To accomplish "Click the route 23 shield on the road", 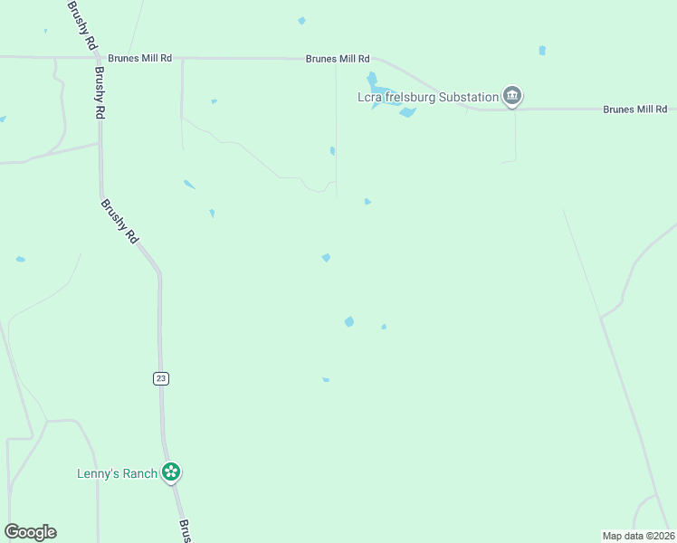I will tap(161, 379).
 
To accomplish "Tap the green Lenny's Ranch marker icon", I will tap(171, 472).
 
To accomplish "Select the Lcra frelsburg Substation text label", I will tap(428, 97).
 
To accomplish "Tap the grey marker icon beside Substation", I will tap(512, 96).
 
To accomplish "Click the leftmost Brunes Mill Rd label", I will tap(139, 58).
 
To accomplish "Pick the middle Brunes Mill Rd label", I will tap(338, 58).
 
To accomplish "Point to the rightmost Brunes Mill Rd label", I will tap(635, 110).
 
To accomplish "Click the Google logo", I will tap(30, 532).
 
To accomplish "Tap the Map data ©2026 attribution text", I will tap(638, 535).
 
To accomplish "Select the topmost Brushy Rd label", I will tap(81, 24).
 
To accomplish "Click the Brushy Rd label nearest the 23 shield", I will tap(119, 222).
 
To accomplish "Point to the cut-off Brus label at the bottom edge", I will tap(185, 531).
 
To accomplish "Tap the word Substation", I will tap(467, 97).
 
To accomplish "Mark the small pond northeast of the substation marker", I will tap(542, 51).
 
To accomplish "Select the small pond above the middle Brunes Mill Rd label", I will tap(301, 21).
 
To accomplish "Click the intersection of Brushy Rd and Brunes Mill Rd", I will tap(96, 58).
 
